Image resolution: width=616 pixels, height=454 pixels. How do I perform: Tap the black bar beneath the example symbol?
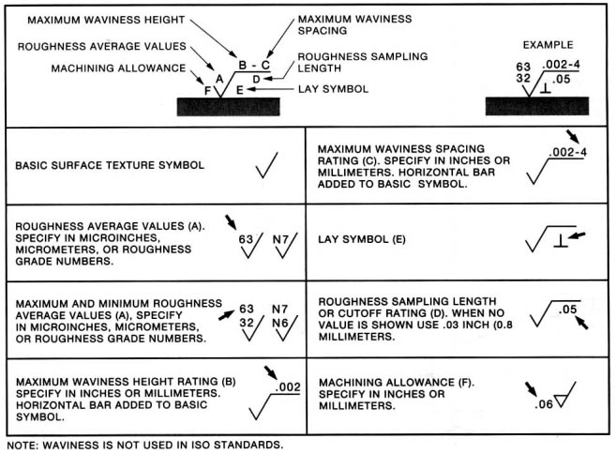click(536, 104)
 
